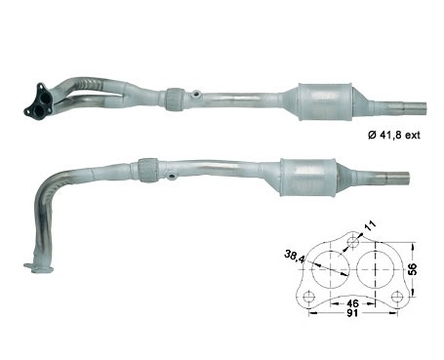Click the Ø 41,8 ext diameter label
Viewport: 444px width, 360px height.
point(394,135)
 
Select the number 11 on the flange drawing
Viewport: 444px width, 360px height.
point(370,225)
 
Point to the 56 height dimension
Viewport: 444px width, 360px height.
point(413,269)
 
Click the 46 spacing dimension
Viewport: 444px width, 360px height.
point(352,303)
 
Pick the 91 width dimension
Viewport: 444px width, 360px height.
point(352,313)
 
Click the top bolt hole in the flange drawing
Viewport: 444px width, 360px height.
point(353,242)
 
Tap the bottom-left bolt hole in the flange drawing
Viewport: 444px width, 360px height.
point(308,298)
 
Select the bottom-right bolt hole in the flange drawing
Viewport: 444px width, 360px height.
point(397,297)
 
